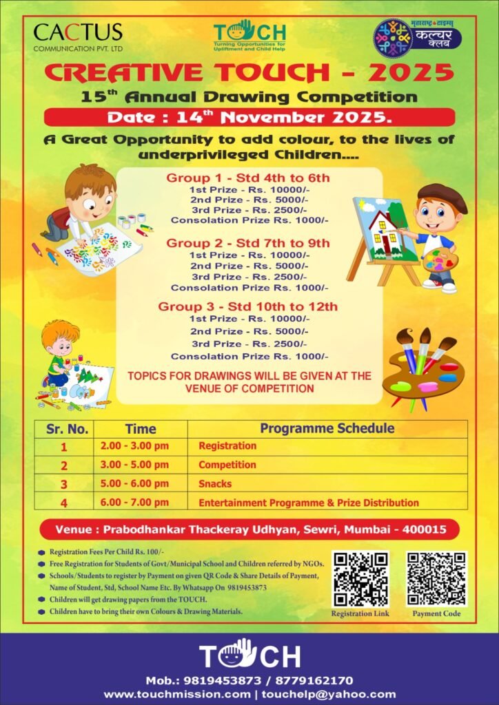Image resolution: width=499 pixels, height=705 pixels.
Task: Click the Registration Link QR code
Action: pyautogui.click(x=360, y=578)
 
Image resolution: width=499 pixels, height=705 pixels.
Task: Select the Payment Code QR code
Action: pyautogui.click(x=436, y=578)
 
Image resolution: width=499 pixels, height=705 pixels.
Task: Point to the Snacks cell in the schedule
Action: pyautogui.click(x=215, y=484)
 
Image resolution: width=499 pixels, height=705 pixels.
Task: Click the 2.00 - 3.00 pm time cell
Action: pyautogui.click(x=134, y=446)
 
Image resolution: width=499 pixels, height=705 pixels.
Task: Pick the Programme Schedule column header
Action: pyautogui.click(x=327, y=428)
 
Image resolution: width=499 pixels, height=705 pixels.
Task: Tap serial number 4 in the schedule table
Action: pyautogui.click(x=64, y=503)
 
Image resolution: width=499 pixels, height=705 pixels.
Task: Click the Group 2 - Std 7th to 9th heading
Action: pyautogui.click(x=248, y=243)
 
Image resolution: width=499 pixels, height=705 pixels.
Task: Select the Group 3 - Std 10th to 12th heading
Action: pyautogui.click(x=248, y=306)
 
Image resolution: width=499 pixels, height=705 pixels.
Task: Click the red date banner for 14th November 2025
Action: pyautogui.click(x=250, y=116)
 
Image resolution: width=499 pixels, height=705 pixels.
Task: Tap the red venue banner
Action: pyautogui.click(x=250, y=530)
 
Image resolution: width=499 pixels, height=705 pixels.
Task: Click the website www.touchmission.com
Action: pyautogui.click(x=177, y=694)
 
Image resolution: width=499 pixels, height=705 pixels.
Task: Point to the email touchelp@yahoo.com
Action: pyautogui.click(x=328, y=694)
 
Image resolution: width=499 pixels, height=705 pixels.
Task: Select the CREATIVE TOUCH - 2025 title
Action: pyautogui.click(x=250, y=72)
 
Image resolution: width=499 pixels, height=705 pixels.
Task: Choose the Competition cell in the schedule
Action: pyautogui.click(x=227, y=465)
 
